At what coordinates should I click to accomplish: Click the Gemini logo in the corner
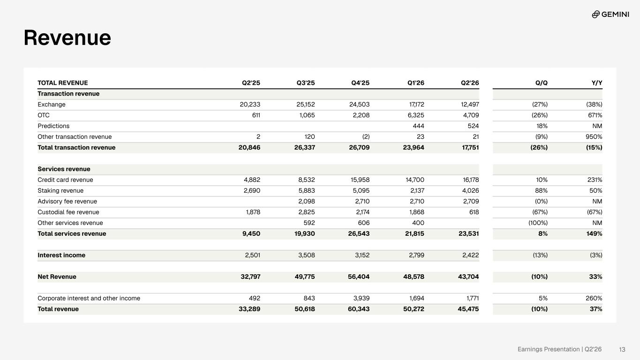pos(610,14)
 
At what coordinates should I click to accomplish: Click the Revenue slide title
pos(67,37)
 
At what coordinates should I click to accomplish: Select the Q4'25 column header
pos(360,83)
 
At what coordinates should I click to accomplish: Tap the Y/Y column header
pos(597,83)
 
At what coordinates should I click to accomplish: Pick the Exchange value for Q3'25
pos(305,104)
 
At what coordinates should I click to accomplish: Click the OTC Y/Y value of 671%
pos(595,115)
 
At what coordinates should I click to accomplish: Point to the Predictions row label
pos(53,126)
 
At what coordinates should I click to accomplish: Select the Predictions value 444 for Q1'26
pos(418,126)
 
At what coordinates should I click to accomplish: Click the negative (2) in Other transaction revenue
pos(366,136)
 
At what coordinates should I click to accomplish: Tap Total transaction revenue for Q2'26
pos(470,148)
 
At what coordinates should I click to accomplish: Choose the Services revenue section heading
pos(64,169)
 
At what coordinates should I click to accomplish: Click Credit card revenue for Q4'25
pos(360,180)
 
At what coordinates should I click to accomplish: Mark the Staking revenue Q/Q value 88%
pos(541,191)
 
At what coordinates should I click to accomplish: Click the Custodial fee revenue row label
pos(68,212)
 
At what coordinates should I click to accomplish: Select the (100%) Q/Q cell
pos(538,223)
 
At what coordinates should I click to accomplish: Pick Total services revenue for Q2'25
pos(251,234)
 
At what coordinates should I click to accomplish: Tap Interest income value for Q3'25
pos(307,255)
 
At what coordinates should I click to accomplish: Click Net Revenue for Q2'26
pos(468,277)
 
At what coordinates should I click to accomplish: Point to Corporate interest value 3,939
pos(361,298)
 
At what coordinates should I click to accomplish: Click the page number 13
pos(622,349)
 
